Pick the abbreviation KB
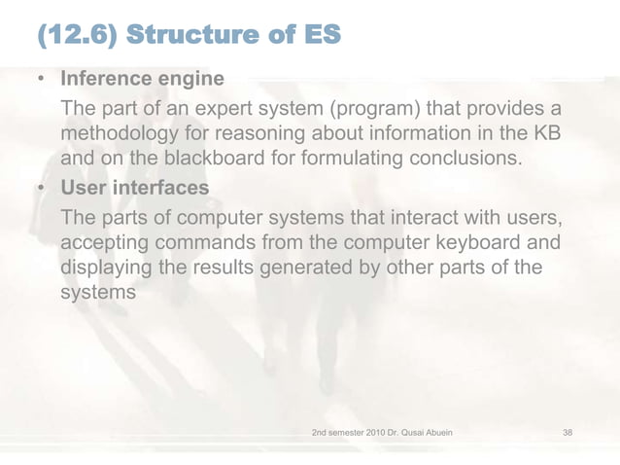[x=551, y=131]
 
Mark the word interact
[x=424, y=212]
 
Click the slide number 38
[x=568, y=429]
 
